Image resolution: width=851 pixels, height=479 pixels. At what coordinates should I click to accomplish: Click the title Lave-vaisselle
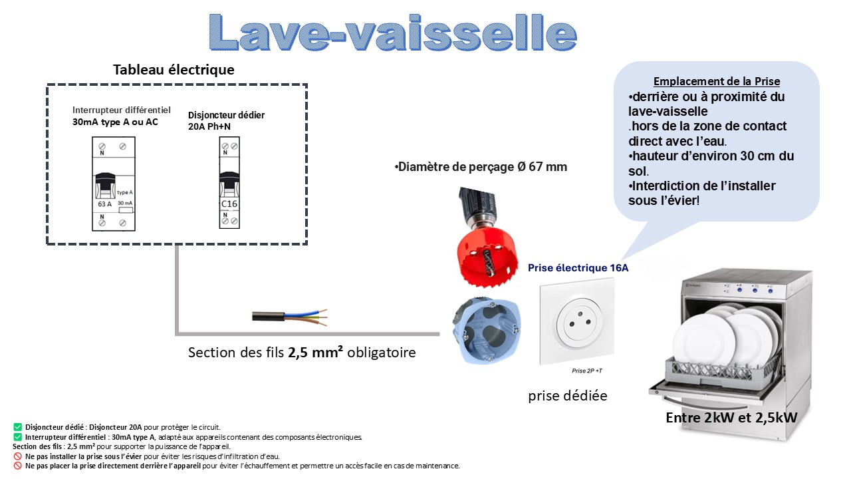pyautogui.click(x=392, y=31)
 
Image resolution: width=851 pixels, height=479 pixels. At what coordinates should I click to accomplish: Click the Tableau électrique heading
pyautogui.click(x=174, y=70)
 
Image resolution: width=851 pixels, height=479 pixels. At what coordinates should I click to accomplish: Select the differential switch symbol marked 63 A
pyautogui.click(x=113, y=184)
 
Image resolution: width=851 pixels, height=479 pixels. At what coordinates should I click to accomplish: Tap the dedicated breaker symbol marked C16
pyautogui.click(x=228, y=183)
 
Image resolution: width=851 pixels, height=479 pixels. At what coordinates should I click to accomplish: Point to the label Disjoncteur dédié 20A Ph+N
pyautogui.click(x=226, y=120)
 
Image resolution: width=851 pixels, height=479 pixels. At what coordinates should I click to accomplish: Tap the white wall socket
pyautogui.click(x=576, y=322)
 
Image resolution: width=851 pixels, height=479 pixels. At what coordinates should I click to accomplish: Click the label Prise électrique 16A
pyautogui.click(x=578, y=268)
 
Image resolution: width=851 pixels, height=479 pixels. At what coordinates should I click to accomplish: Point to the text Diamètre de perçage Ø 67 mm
pyautogui.click(x=481, y=167)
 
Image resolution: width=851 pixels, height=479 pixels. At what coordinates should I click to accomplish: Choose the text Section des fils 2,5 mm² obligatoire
pyautogui.click(x=302, y=353)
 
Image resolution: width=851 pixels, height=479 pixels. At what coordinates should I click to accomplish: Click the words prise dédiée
pyautogui.click(x=568, y=396)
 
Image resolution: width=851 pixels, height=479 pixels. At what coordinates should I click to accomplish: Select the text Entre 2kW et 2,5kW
pyautogui.click(x=731, y=418)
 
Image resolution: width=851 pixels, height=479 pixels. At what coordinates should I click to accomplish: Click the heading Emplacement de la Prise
pyautogui.click(x=717, y=81)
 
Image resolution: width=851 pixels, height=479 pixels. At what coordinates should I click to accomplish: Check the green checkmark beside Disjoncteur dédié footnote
pyautogui.click(x=17, y=426)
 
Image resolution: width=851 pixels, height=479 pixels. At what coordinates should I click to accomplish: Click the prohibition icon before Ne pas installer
pyautogui.click(x=17, y=456)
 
